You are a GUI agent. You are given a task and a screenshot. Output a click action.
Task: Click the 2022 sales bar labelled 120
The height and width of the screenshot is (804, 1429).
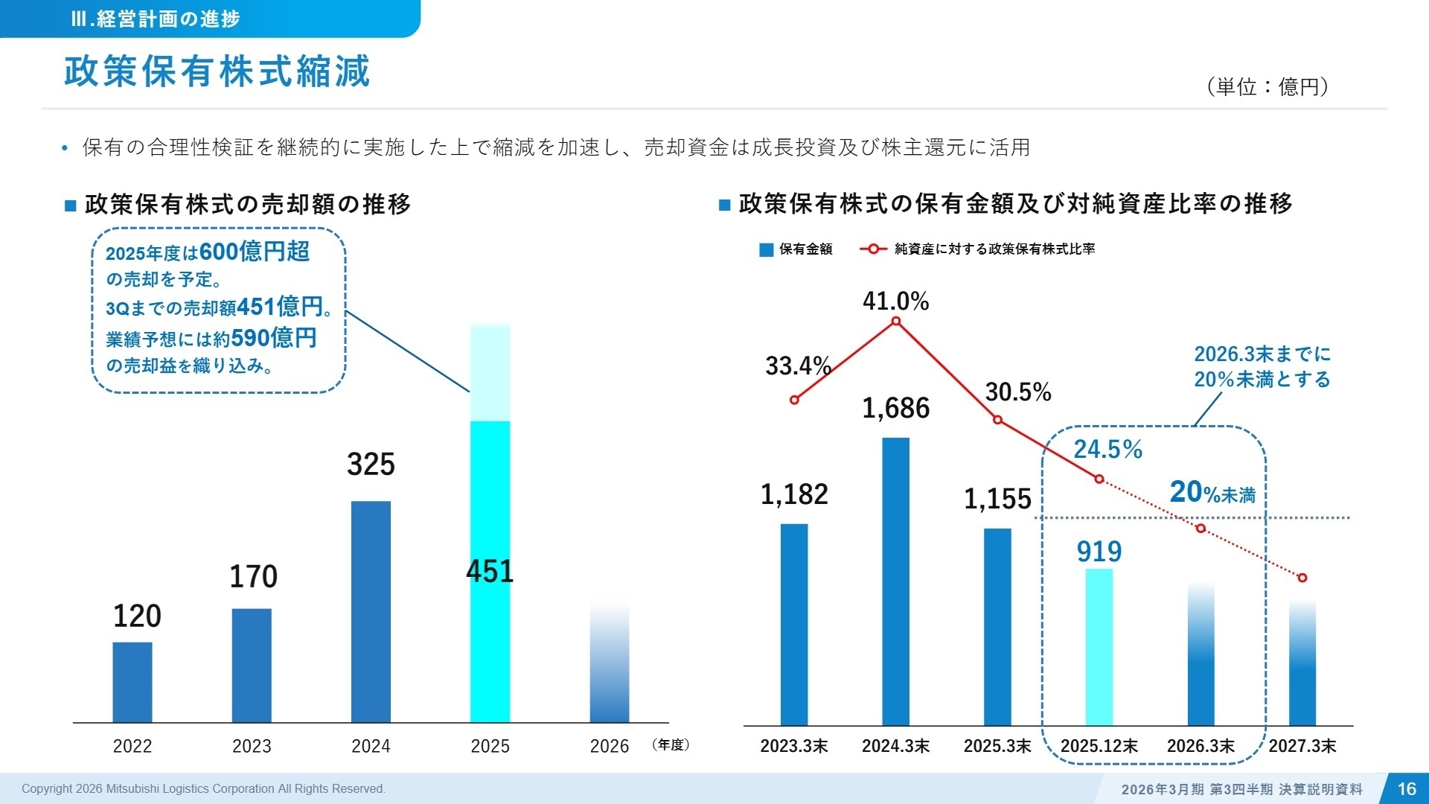click(x=132, y=682)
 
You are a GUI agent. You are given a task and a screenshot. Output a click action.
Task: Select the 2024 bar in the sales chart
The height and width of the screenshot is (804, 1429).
click(x=371, y=612)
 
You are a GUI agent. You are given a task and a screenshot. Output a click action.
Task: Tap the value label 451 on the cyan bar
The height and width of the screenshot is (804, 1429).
click(x=490, y=572)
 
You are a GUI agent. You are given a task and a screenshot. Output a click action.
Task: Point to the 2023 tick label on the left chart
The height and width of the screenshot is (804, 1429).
click(x=252, y=746)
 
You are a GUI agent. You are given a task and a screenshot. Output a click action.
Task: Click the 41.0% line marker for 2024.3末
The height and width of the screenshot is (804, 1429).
click(x=896, y=322)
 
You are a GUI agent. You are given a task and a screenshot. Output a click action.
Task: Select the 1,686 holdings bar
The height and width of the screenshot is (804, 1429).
click(x=896, y=581)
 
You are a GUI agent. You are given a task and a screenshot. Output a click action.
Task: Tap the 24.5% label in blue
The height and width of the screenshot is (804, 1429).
click(x=1107, y=450)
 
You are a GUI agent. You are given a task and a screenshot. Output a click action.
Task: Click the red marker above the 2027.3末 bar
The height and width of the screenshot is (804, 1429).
click(x=1302, y=578)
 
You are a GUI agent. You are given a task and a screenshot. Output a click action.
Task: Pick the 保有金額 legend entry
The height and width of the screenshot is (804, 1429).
click(x=796, y=249)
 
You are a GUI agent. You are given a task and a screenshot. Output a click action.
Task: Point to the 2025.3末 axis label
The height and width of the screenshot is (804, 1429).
click(x=997, y=746)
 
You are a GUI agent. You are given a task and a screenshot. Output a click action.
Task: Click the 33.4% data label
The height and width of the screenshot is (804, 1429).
click(x=798, y=366)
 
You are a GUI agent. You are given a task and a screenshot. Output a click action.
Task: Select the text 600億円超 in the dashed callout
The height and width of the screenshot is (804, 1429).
click(x=255, y=252)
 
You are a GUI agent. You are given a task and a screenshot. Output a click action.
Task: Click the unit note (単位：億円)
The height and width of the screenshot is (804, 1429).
click(x=1267, y=87)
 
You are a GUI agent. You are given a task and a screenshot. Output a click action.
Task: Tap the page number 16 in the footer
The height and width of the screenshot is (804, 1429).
click(x=1407, y=789)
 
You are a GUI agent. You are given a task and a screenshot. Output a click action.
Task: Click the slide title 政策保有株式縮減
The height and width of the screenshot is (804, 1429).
click(x=217, y=72)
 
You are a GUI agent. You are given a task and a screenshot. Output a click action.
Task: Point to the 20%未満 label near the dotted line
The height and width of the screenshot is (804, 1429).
click(x=1212, y=493)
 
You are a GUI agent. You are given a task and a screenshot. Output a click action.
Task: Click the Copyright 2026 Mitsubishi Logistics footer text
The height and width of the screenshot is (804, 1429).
click(x=203, y=789)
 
